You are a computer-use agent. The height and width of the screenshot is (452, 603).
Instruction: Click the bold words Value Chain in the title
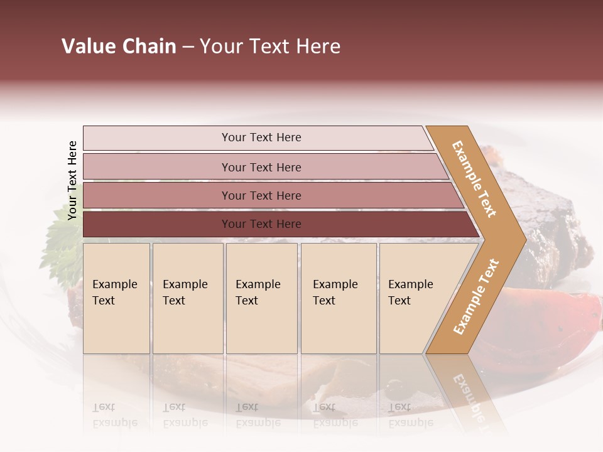(x=119, y=46)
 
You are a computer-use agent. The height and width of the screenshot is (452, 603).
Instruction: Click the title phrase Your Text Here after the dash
(x=270, y=46)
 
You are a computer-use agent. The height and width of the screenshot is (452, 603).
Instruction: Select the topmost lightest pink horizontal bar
(x=261, y=137)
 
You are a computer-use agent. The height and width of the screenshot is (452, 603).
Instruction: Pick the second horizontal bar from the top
(x=261, y=167)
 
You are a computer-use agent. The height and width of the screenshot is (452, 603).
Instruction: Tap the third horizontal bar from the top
(x=261, y=195)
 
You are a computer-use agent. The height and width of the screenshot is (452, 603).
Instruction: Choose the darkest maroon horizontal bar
(x=261, y=224)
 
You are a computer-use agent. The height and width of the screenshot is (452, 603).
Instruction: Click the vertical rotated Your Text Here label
(x=72, y=180)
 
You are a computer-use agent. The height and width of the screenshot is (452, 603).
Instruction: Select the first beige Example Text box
(x=116, y=298)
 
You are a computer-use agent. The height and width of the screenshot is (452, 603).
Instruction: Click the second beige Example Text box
(x=187, y=298)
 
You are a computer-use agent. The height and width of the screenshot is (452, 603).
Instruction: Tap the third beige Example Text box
(x=261, y=298)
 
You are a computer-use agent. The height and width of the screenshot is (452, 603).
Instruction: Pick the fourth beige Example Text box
(x=338, y=298)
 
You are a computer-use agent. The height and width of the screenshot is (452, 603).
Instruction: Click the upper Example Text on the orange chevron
(x=474, y=179)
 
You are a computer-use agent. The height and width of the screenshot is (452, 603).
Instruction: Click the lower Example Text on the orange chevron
(x=475, y=296)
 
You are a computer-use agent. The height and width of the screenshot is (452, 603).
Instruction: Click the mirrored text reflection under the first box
(x=115, y=416)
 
